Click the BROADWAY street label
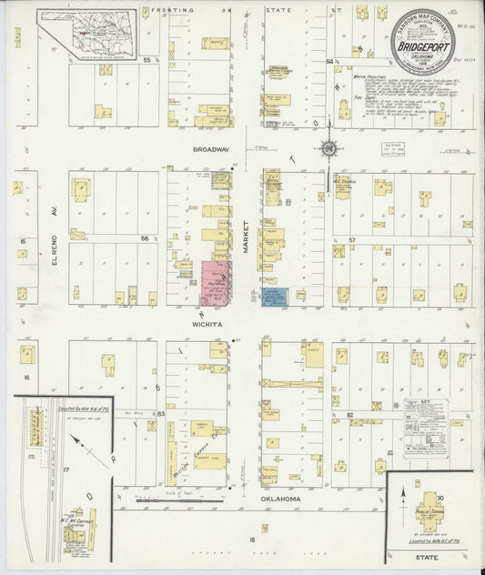[210, 149]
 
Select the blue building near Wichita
[276, 297]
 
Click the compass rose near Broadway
[327, 149]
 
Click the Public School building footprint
[429, 512]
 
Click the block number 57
[351, 240]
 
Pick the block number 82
[349, 413]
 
